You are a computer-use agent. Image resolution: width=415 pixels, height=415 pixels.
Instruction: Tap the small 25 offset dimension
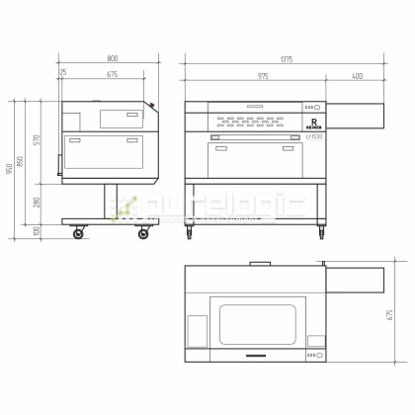pos(64,72)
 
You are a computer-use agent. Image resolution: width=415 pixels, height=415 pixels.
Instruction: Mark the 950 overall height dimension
pos(9,169)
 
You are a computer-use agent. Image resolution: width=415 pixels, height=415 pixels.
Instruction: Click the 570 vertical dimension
pos(38,138)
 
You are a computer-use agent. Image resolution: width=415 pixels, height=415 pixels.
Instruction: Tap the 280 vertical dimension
pos(38,202)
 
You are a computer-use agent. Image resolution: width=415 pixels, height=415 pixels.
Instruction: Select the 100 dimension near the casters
pos(38,230)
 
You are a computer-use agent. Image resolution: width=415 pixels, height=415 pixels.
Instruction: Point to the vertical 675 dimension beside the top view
pos(391,315)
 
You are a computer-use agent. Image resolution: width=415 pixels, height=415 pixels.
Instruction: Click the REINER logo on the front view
pos(312,124)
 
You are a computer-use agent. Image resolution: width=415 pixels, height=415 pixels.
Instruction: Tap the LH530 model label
pos(313,135)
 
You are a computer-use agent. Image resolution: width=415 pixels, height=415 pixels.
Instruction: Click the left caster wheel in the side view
pos(79,232)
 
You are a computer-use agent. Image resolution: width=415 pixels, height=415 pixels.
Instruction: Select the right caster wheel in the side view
pos(144,232)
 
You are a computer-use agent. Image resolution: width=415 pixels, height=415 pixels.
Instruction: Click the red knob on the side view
pos(153,105)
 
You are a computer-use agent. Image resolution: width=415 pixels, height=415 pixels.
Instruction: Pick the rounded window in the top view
pos(257,325)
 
